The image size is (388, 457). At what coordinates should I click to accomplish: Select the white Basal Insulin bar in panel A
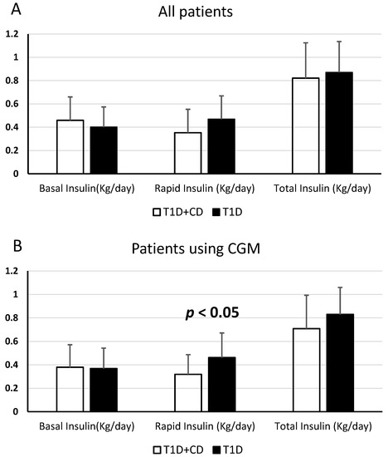(70, 147)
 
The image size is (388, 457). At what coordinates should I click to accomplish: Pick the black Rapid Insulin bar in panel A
(221, 146)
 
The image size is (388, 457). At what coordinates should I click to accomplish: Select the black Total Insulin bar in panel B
(339, 362)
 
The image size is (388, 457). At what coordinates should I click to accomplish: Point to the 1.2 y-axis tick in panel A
(12, 34)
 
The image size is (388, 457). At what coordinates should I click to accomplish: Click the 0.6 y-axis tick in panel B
(12, 342)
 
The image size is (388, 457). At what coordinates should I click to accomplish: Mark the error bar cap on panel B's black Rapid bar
(221, 332)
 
